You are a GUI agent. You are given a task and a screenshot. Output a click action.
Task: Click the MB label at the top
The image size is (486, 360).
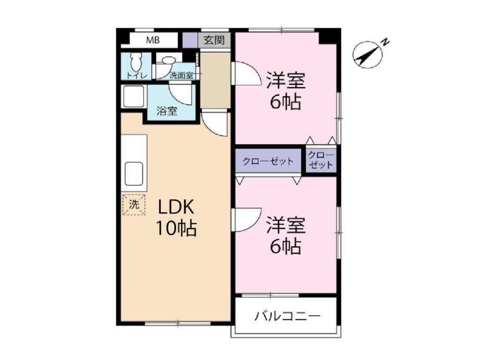point(153,40)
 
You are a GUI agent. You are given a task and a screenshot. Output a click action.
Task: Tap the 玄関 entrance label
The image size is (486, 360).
point(214,40)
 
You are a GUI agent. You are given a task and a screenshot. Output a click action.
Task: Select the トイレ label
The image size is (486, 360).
point(137,76)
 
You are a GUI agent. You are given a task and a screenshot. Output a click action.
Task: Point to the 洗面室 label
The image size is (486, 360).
point(181,76)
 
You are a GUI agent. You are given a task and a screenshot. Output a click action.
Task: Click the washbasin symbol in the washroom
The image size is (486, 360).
point(168,60)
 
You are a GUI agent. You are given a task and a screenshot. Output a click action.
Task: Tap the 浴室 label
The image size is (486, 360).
point(167,111)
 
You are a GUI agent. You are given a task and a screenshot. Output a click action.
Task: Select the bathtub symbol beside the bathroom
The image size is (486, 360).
point(133,96)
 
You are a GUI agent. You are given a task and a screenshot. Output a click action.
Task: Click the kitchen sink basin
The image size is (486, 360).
point(134,174)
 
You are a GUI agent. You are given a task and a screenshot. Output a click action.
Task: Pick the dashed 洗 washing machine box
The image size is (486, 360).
point(134,204)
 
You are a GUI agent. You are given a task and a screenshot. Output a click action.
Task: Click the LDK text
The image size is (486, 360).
point(176,207)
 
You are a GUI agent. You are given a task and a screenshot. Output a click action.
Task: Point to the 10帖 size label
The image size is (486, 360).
point(176,228)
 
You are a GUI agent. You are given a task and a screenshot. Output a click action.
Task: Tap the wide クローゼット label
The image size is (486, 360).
point(268,161)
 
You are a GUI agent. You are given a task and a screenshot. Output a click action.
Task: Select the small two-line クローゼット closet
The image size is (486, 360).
point(321,160)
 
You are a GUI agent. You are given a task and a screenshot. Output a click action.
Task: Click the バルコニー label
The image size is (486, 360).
point(287,316)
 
